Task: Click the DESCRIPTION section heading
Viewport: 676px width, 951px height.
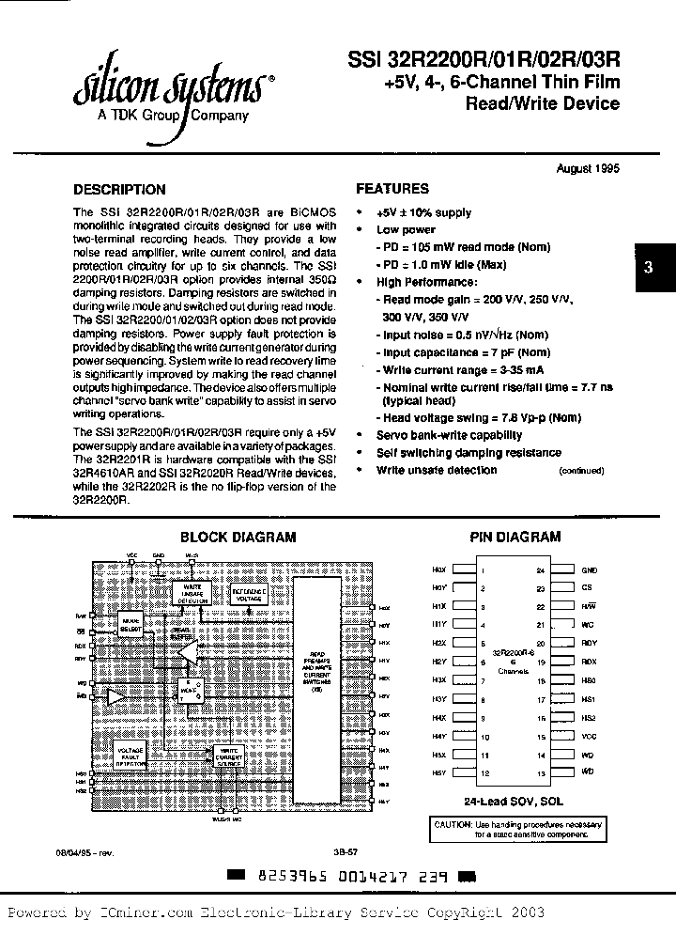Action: [119, 189]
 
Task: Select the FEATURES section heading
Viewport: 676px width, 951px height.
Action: [392, 188]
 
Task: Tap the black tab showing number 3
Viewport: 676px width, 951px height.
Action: [648, 267]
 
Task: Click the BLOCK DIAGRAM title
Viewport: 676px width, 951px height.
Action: [238, 538]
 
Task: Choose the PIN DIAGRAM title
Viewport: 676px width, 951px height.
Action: [515, 538]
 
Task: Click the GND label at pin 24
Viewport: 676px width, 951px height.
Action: [589, 570]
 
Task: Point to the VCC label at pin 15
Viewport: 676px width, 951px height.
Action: [589, 737]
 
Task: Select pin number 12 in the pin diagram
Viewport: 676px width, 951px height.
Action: [482, 772]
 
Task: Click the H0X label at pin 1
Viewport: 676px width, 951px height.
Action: [438, 570]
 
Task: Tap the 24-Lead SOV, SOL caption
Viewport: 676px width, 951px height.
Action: [515, 801]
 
